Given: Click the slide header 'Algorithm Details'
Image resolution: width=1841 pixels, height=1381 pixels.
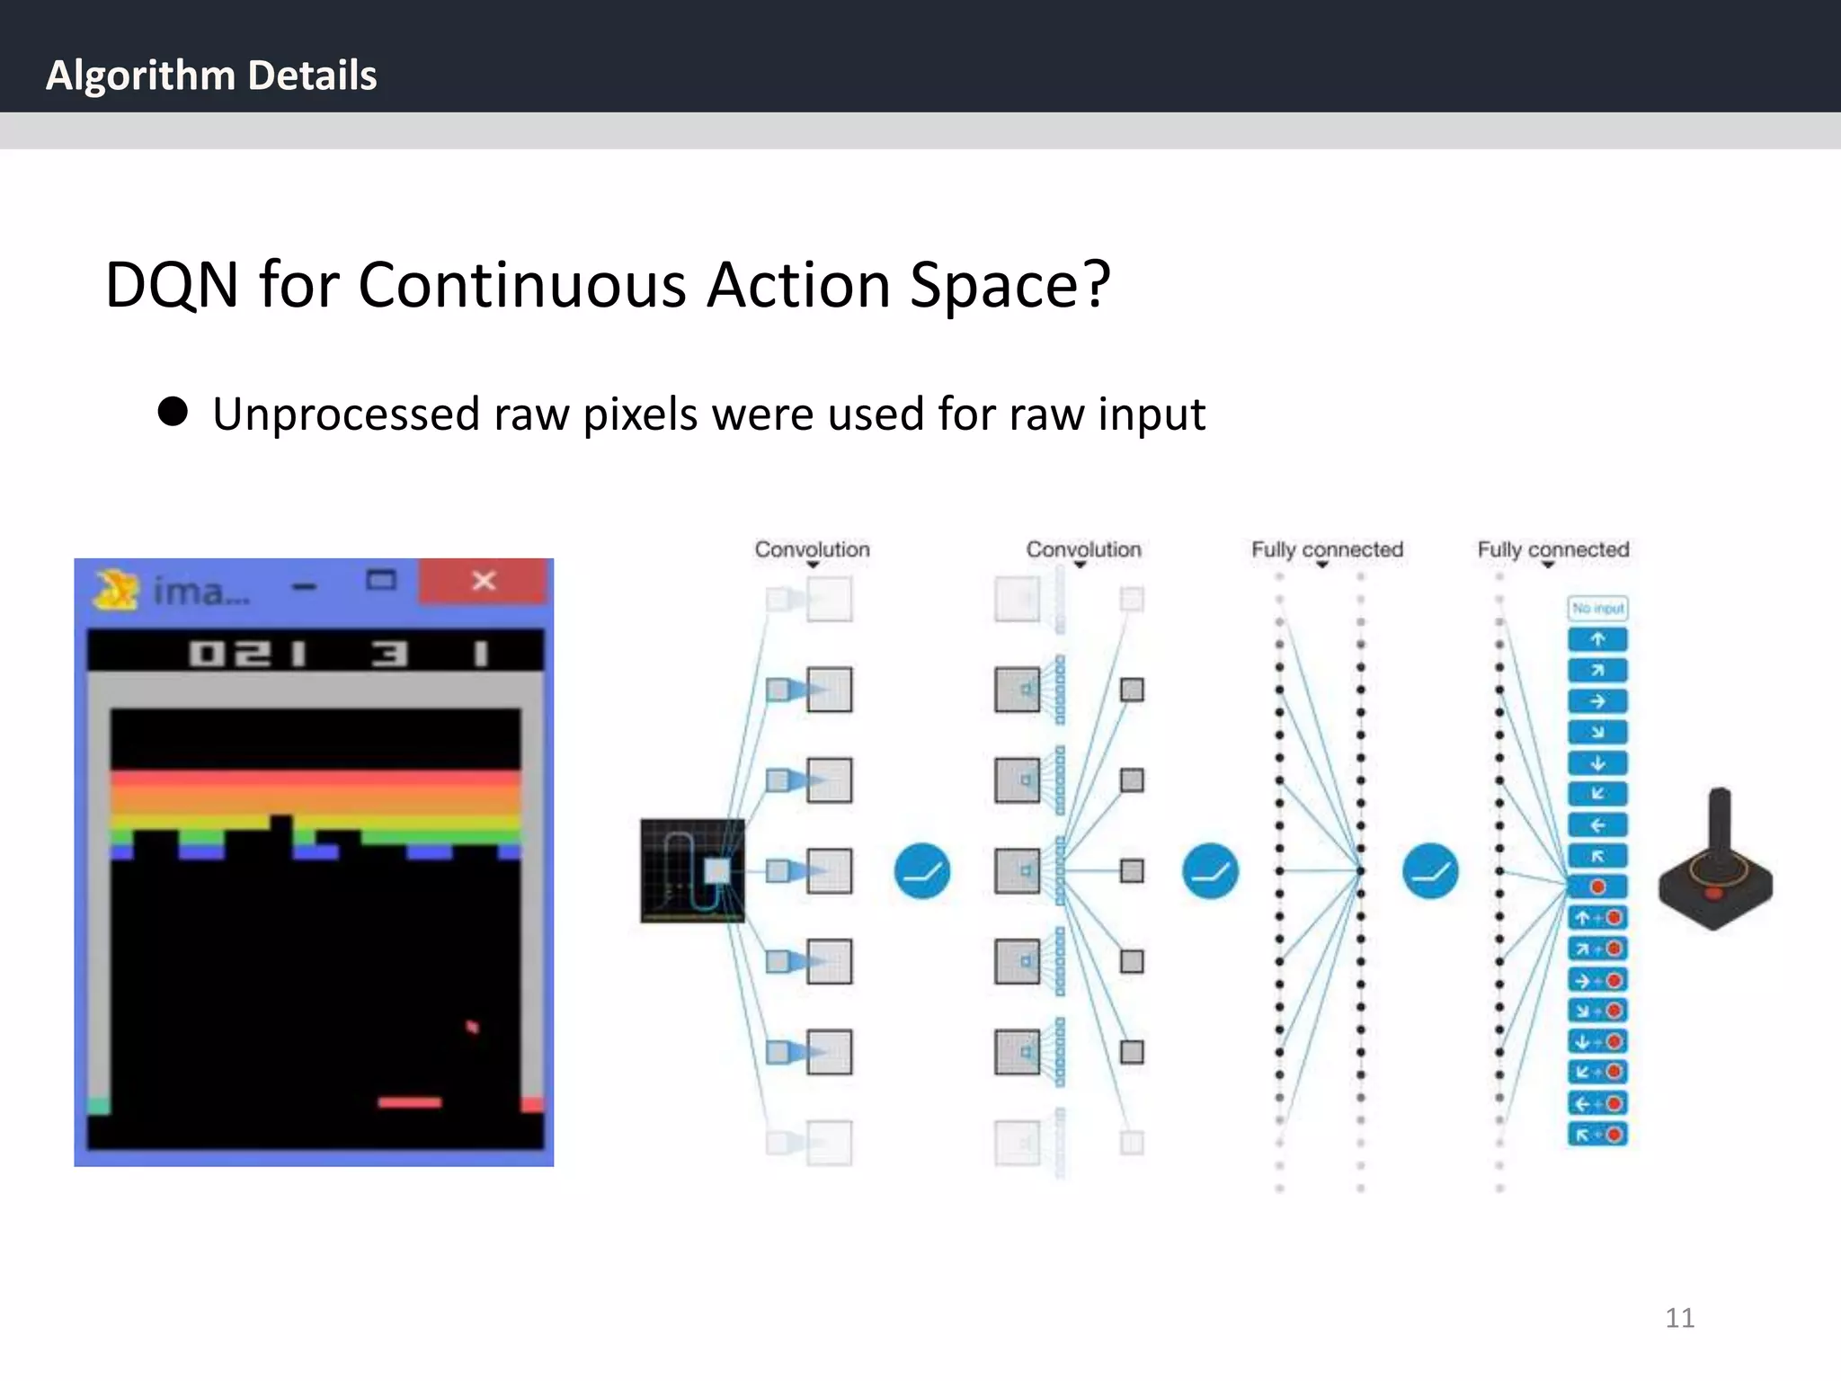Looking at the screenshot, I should click(211, 76).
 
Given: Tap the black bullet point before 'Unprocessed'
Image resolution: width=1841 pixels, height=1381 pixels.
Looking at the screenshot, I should click(173, 412).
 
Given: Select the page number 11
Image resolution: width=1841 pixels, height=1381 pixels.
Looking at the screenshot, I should click(1679, 1317).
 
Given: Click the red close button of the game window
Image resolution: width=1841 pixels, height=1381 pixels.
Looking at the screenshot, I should click(484, 581).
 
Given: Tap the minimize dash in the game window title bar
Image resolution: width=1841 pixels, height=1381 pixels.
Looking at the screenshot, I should click(305, 587).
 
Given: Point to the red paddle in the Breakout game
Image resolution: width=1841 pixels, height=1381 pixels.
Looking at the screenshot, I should click(410, 1102).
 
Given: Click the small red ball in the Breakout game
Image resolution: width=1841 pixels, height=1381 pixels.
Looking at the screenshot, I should click(472, 1026).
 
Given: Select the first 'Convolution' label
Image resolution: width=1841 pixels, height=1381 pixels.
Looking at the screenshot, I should click(812, 549).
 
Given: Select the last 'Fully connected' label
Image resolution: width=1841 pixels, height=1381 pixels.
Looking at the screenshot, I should click(1552, 549).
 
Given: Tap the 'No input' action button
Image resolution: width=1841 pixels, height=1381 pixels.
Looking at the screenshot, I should click(1597, 609).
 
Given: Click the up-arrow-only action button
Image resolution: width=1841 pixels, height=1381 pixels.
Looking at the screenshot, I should click(1597, 640).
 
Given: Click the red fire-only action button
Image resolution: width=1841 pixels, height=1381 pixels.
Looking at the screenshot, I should click(1597, 887).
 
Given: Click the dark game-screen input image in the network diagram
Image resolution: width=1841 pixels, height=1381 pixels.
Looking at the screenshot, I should click(691, 870).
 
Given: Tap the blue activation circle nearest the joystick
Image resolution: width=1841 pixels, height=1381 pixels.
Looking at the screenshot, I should click(1429, 870).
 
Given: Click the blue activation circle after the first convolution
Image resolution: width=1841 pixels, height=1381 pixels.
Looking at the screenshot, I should click(921, 870).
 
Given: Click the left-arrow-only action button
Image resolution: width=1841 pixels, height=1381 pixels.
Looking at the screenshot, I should click(1597, 824).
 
